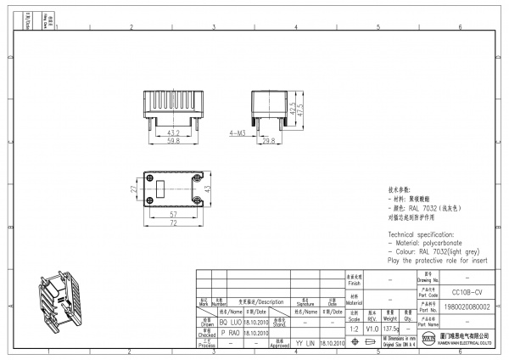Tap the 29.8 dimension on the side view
click(267, 140)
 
